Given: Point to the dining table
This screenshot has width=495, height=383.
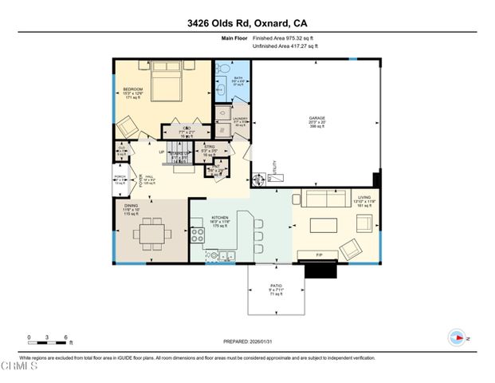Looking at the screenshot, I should coord(151,235).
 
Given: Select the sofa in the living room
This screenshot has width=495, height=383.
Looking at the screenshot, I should coord(322,199).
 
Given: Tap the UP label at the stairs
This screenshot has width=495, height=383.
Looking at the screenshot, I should coord(162,152).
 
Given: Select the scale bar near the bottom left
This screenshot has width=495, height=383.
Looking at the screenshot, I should coord(46,340).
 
